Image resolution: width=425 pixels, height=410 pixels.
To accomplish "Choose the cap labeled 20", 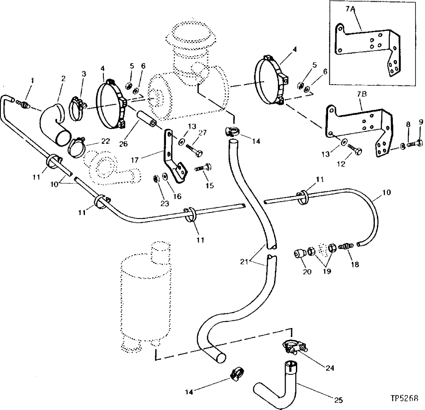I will coord(298,254).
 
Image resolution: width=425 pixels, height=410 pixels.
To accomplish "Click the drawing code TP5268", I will coord(404,398).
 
